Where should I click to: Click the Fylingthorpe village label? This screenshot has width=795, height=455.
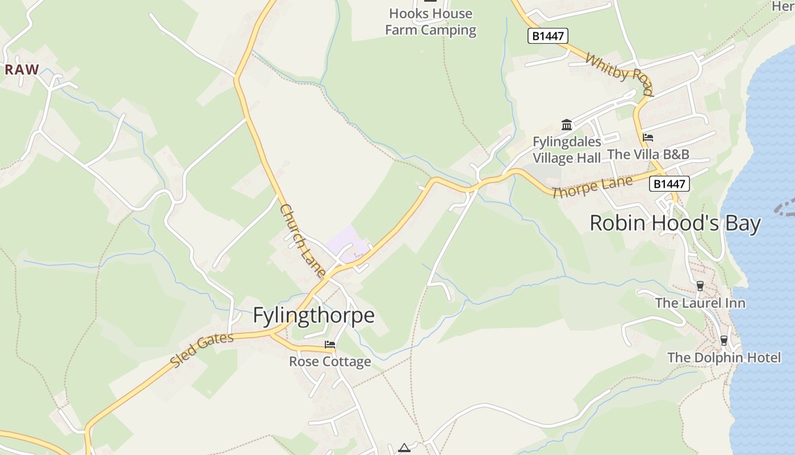(313, 315)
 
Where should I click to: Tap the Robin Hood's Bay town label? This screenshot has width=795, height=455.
(675, 223)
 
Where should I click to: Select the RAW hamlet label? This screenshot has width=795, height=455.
(22, 70)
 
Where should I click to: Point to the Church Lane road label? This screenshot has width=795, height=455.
(303, 241)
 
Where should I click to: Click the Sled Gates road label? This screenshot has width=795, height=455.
(202, 350)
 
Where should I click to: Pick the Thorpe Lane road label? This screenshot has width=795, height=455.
(592, 187)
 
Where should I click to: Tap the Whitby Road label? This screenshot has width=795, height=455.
(619, 75)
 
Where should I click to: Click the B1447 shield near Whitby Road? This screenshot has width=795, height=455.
(548, 36)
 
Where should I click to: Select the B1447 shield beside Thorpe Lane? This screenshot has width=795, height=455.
(670, 184)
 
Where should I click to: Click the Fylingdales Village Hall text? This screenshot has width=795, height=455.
(567, 150)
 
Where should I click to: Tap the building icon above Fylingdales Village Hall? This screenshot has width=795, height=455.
(567, 125)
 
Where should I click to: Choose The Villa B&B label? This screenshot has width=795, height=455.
(648, 154)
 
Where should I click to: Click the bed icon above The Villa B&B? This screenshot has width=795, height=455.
(648, 138)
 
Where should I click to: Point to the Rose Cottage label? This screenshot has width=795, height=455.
(330, 362)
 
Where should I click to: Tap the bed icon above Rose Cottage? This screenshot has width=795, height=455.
(330, 345)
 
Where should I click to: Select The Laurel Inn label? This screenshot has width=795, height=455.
(700, 303)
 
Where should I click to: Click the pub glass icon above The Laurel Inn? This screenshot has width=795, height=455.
(700, 286)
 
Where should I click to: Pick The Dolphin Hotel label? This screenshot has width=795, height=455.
(724, 358)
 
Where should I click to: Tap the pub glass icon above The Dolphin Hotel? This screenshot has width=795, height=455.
(724, 341)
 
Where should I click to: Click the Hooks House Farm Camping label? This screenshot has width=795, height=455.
(430, 22)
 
